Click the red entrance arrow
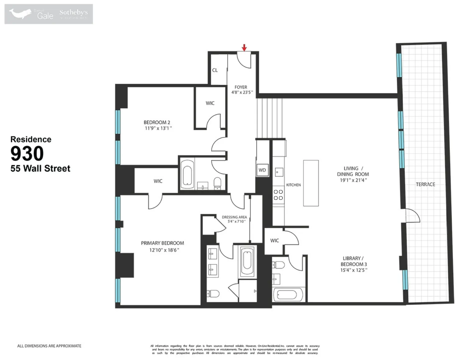[x=244, y=48]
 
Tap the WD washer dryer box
[x=262, y=170]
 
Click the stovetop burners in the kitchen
[x=278, y=195]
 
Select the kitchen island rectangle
[x=311, y=183]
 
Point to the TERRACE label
[x=425, y=184]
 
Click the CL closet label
[x=215, y=70]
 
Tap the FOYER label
[x=241, y=87]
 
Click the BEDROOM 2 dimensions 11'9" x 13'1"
[x=158, y=128]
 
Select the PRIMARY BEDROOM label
[x=162, y=243]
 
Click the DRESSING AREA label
[x=234, y=217]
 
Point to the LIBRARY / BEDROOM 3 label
[x=354, y=261]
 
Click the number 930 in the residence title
[x=27, y=153]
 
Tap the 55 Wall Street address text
[x=40, y=169]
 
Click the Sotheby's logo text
[x=74, y=12]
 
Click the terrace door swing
[x=413, y=216]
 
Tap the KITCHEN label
[x=293, y=185]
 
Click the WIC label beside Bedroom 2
[x=210, y=103]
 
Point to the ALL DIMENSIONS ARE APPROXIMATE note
[x=49, y=346]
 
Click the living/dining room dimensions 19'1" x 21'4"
[x=353, y=180]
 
